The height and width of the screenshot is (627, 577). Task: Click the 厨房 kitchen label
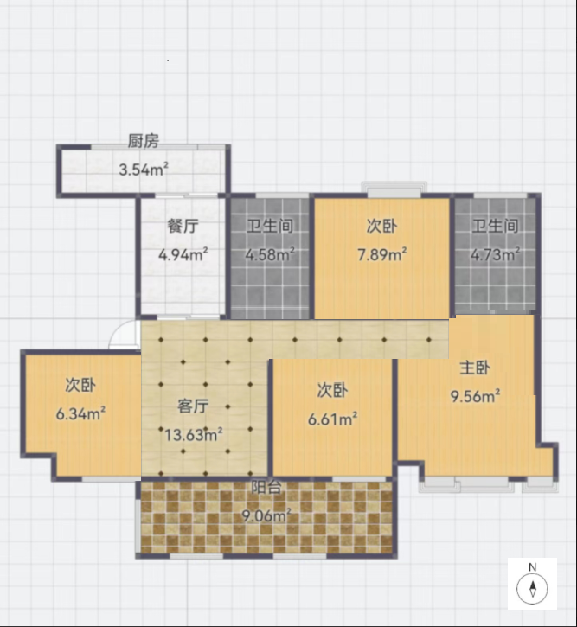(143, 141)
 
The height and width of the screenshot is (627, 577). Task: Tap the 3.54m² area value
(144, 170)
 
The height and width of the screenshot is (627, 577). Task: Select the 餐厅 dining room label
(183, 226)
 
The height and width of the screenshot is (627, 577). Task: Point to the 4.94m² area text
(183, 254)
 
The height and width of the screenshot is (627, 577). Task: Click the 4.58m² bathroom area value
(270, 254)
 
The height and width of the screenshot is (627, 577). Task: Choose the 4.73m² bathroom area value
(496, 254)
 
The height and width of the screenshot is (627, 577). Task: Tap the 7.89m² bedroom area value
(382, 254)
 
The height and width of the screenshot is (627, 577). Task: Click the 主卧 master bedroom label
(475, 368)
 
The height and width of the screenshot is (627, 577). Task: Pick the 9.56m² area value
(476, 396)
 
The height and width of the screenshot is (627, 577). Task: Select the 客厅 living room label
(193, 406)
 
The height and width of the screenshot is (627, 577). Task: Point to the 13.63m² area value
(194, 434)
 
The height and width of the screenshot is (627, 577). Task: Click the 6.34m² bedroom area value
(80, 413)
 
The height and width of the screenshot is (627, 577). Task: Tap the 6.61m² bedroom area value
(333, 419)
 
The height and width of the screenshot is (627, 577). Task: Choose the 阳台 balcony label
(266, 487)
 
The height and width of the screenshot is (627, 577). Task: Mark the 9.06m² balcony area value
(266, 515)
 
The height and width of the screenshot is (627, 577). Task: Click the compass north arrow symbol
(532, 589)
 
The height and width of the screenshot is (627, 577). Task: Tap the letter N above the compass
(532, 567)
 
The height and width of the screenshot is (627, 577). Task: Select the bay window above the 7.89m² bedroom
(394, 189)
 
